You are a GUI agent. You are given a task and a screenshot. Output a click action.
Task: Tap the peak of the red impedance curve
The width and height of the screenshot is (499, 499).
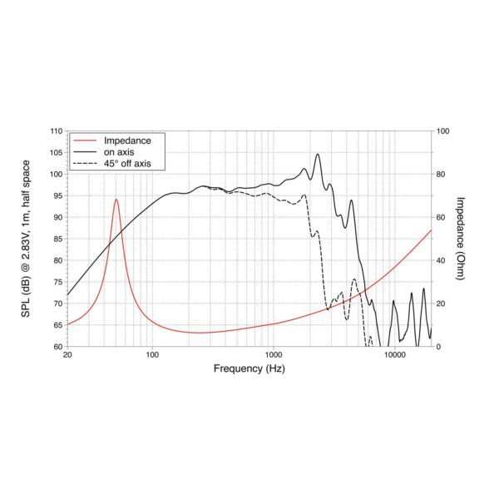click(x=116, y=200)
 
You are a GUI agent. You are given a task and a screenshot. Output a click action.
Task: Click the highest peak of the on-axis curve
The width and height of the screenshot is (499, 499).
click(x=317, y=154)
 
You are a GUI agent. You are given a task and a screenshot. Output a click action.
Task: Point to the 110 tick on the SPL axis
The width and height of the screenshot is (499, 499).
click(x=56, y=131)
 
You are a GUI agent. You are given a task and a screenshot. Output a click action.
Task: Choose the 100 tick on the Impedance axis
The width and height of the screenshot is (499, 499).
click(x=443, y=131)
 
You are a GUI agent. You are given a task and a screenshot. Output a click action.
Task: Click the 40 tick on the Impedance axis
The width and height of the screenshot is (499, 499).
click(x=442, y=260)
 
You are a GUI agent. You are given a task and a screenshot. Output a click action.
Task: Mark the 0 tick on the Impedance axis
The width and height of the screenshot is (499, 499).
click(x=439, y=346)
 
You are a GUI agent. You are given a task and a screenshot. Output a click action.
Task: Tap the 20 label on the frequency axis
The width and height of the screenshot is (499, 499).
click(x=67, y=356)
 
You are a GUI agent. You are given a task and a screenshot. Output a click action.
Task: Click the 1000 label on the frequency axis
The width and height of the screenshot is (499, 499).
click(x=272, y=356)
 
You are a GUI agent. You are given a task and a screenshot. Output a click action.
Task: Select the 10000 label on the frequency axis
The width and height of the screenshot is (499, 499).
click(x=394, y=356)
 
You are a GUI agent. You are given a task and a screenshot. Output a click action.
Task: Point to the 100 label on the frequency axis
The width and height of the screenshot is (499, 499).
click(x=152, y=356)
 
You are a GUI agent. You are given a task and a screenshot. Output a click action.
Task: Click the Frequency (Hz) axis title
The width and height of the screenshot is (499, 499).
click(x=249, y=368)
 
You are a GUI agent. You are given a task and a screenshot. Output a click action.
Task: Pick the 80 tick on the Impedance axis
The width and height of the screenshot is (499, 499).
click(x=442, y=175)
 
